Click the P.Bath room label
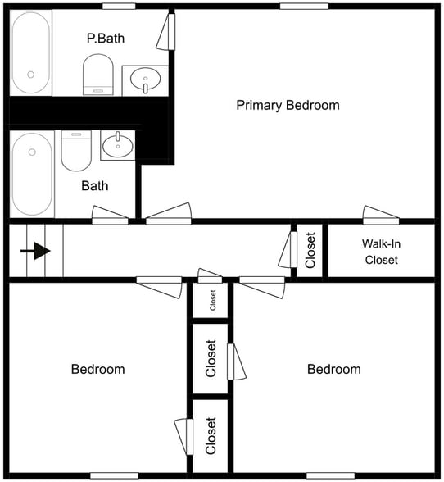coord(105,38)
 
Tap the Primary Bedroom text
coord(288,105)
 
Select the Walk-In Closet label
coord(380,252)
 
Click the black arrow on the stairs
coord(37,252)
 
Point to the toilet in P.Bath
coord(98,75)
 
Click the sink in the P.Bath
coord(147,80)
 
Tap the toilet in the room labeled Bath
coord(78,149)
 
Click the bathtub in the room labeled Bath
coord(31,174)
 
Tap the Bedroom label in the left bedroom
coord(98,369)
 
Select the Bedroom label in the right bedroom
coord(333,369)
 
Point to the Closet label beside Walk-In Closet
coord(310,252)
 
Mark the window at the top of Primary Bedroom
coord(304,7)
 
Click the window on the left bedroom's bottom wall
coord(114,475)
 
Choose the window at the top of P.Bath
coord(119,7)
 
